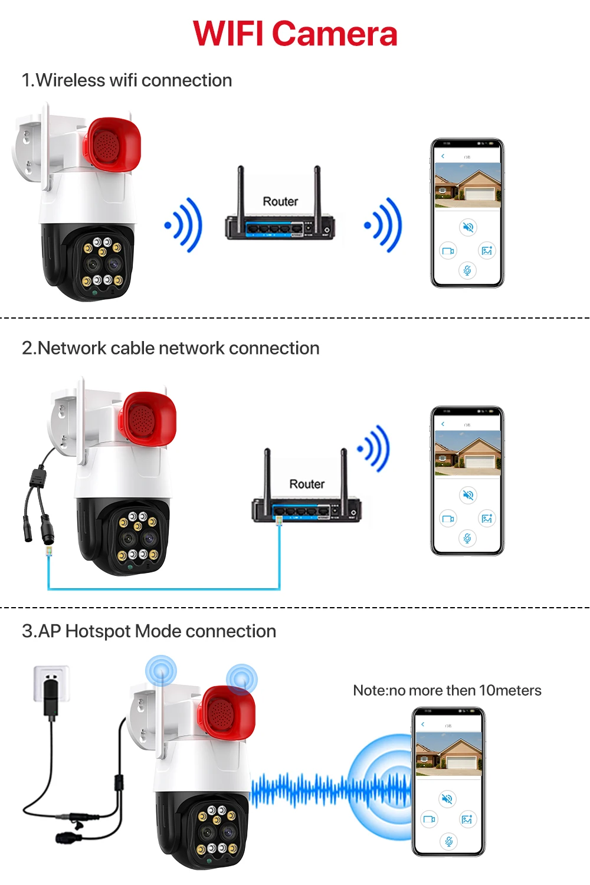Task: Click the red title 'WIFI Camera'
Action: coord(295,34)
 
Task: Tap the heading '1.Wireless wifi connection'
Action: coord(127,80)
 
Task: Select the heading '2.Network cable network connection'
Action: coord(171,348)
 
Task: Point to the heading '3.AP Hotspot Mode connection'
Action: coord(149,631)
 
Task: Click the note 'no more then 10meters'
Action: coord(447,690)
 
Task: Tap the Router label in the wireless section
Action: coord(280,201)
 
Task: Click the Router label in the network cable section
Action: coord(307,484)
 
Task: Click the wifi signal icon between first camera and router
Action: coord(184,225)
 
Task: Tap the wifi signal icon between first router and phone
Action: coord(384,225)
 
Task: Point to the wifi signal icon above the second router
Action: coord(375,448)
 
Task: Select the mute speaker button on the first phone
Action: coord(468,227)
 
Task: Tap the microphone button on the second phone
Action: coord(467,538)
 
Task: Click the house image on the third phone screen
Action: coord(448,753)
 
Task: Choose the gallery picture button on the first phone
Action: coord(487,251)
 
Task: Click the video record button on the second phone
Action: coord(448,519)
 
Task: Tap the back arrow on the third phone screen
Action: coord(422,724)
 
